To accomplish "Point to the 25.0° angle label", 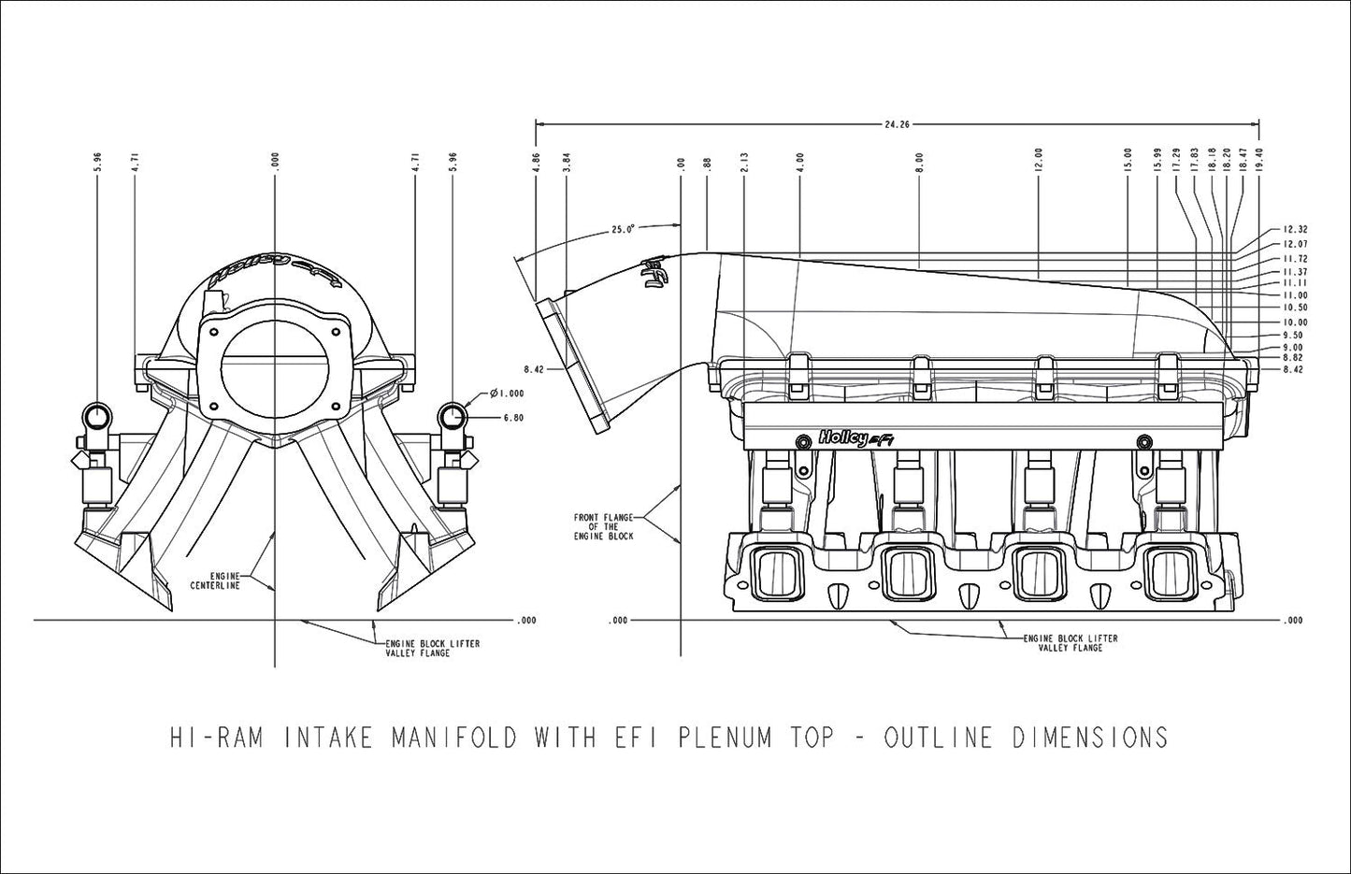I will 623,228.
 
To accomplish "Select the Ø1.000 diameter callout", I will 507,394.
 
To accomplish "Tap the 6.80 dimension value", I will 512,418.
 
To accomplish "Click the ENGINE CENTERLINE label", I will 216,580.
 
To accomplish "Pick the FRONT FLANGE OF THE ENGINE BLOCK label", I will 603,526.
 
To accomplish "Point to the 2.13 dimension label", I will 743,161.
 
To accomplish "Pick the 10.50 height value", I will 1295,308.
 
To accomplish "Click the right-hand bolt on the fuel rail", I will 1142,439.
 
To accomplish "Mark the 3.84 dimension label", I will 567,161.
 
